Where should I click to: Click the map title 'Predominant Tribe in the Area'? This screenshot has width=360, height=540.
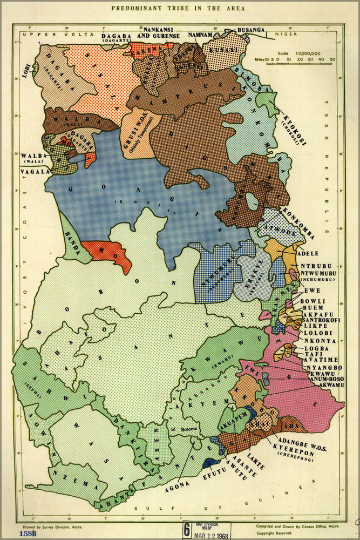pyautogui.click(x=178, y=9)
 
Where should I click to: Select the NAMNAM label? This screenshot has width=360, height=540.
pyautogui.click(x=201, y=34)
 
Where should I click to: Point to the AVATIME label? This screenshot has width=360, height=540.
pyautogui.click(x=321, y=360)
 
